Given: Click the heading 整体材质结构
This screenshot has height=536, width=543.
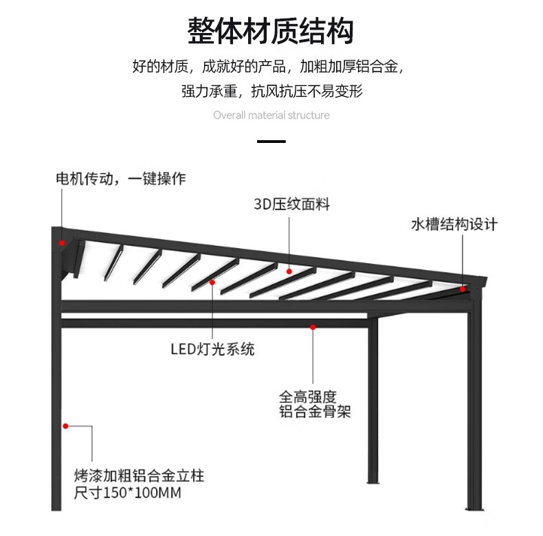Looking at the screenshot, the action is [271, 31].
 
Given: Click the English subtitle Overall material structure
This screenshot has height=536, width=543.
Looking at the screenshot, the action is [271, 115].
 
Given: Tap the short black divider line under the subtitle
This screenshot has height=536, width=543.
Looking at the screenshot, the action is [271, 142].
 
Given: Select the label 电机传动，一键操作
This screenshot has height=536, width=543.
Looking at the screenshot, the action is [120, 179].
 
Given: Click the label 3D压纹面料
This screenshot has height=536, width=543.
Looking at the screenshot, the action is [291, 204].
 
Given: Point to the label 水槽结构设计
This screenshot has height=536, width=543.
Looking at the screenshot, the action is [454, 225].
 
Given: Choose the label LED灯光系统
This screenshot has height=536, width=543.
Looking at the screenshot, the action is [212, 349].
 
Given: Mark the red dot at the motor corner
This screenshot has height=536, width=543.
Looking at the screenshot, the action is [62, 243].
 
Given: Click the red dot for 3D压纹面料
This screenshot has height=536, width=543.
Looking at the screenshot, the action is [289, 271].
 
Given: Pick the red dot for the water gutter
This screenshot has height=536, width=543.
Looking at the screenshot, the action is [463, 289].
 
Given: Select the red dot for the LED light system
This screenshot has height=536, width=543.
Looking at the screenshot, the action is [212, 282].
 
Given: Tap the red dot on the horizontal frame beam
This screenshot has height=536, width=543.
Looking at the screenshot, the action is [313, 327].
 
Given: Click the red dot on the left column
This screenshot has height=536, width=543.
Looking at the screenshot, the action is [66, 426].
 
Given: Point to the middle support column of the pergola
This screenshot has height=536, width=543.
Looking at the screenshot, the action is [373, 405].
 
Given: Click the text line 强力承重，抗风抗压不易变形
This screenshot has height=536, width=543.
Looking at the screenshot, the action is [271, 91].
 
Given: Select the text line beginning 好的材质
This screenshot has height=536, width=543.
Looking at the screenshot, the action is [268, 67].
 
